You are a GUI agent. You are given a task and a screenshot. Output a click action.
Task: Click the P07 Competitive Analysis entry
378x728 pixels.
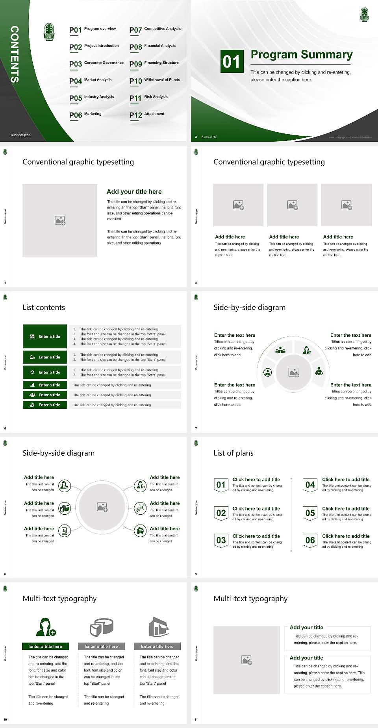155,30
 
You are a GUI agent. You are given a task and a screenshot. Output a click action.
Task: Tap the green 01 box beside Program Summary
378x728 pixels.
232,61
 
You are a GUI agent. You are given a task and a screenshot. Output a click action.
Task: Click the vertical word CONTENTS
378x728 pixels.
15,54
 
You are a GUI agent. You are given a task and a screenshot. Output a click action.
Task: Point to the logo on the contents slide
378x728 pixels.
49,32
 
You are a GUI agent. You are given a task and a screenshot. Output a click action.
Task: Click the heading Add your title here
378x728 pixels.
134,192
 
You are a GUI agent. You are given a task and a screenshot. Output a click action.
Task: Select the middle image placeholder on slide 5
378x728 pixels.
292,205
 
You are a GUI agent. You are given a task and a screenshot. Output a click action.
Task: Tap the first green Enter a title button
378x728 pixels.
45,336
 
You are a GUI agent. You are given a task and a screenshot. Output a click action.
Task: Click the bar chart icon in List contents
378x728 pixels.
32,385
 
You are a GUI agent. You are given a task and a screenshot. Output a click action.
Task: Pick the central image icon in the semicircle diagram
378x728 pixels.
294,372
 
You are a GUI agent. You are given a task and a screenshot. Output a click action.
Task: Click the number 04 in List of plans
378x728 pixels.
310,485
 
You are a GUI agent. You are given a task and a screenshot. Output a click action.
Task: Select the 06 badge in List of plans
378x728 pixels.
310,540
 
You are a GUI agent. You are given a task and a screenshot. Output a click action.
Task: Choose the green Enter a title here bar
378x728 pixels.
46,646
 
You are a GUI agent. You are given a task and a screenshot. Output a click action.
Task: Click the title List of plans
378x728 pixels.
233,453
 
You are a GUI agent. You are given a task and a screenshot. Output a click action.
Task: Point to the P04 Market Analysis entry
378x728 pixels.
91,81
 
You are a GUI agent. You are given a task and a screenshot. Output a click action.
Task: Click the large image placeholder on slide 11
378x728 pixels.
246,660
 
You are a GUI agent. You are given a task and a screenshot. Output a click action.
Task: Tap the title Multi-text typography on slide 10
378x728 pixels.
59,599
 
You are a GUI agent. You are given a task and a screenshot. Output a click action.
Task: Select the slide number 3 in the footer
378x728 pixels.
196,137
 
